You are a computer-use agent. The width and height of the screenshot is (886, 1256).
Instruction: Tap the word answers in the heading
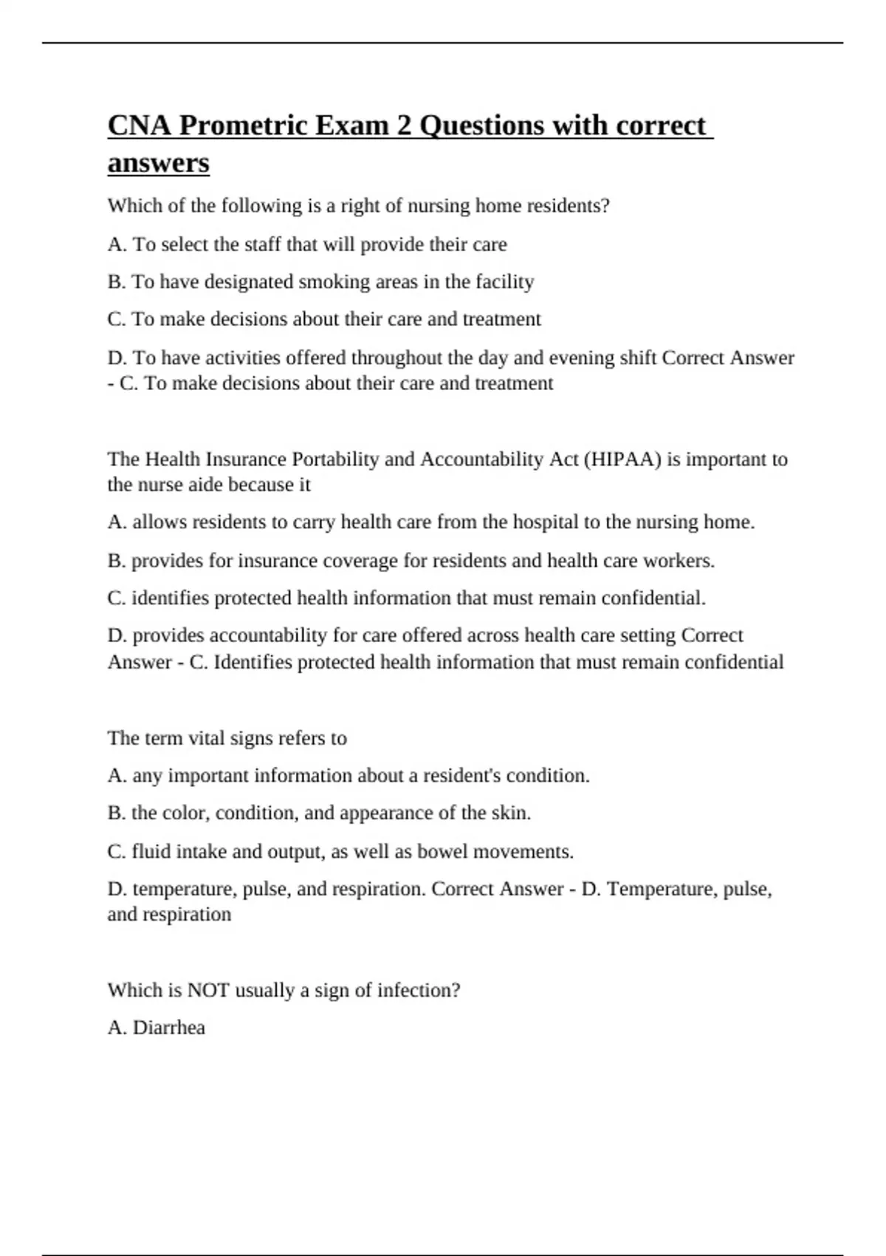158,163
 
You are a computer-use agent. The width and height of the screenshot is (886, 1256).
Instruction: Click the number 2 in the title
404,126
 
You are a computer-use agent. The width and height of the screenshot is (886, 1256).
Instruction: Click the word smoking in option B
330,282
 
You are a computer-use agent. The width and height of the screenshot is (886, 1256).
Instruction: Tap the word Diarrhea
168,1028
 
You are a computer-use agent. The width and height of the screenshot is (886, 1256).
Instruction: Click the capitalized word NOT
208,990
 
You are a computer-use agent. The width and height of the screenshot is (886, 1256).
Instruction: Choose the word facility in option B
504,282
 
